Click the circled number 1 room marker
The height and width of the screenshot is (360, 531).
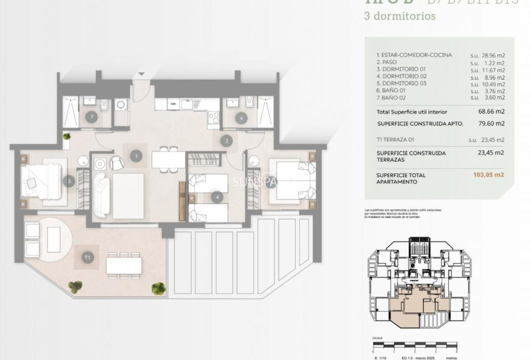[137, 156]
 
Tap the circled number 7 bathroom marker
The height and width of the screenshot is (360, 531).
[92, 117]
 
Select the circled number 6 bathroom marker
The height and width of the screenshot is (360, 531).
[241, 118]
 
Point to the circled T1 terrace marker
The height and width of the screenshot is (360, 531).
[87, 257]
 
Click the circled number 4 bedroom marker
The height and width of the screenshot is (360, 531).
[217, 197]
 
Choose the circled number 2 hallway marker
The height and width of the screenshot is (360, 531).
[227, 141]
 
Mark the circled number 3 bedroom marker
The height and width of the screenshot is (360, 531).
[69, 181]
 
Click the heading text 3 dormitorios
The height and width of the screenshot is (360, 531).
[399, 16]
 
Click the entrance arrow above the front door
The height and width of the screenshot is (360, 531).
[141, 74]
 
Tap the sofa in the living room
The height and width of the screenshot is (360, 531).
[100, 193]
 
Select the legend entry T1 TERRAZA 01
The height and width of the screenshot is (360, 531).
[395, 140]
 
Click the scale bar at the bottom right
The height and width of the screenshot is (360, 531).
[415, 345]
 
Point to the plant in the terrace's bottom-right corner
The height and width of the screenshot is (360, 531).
[158, 288]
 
